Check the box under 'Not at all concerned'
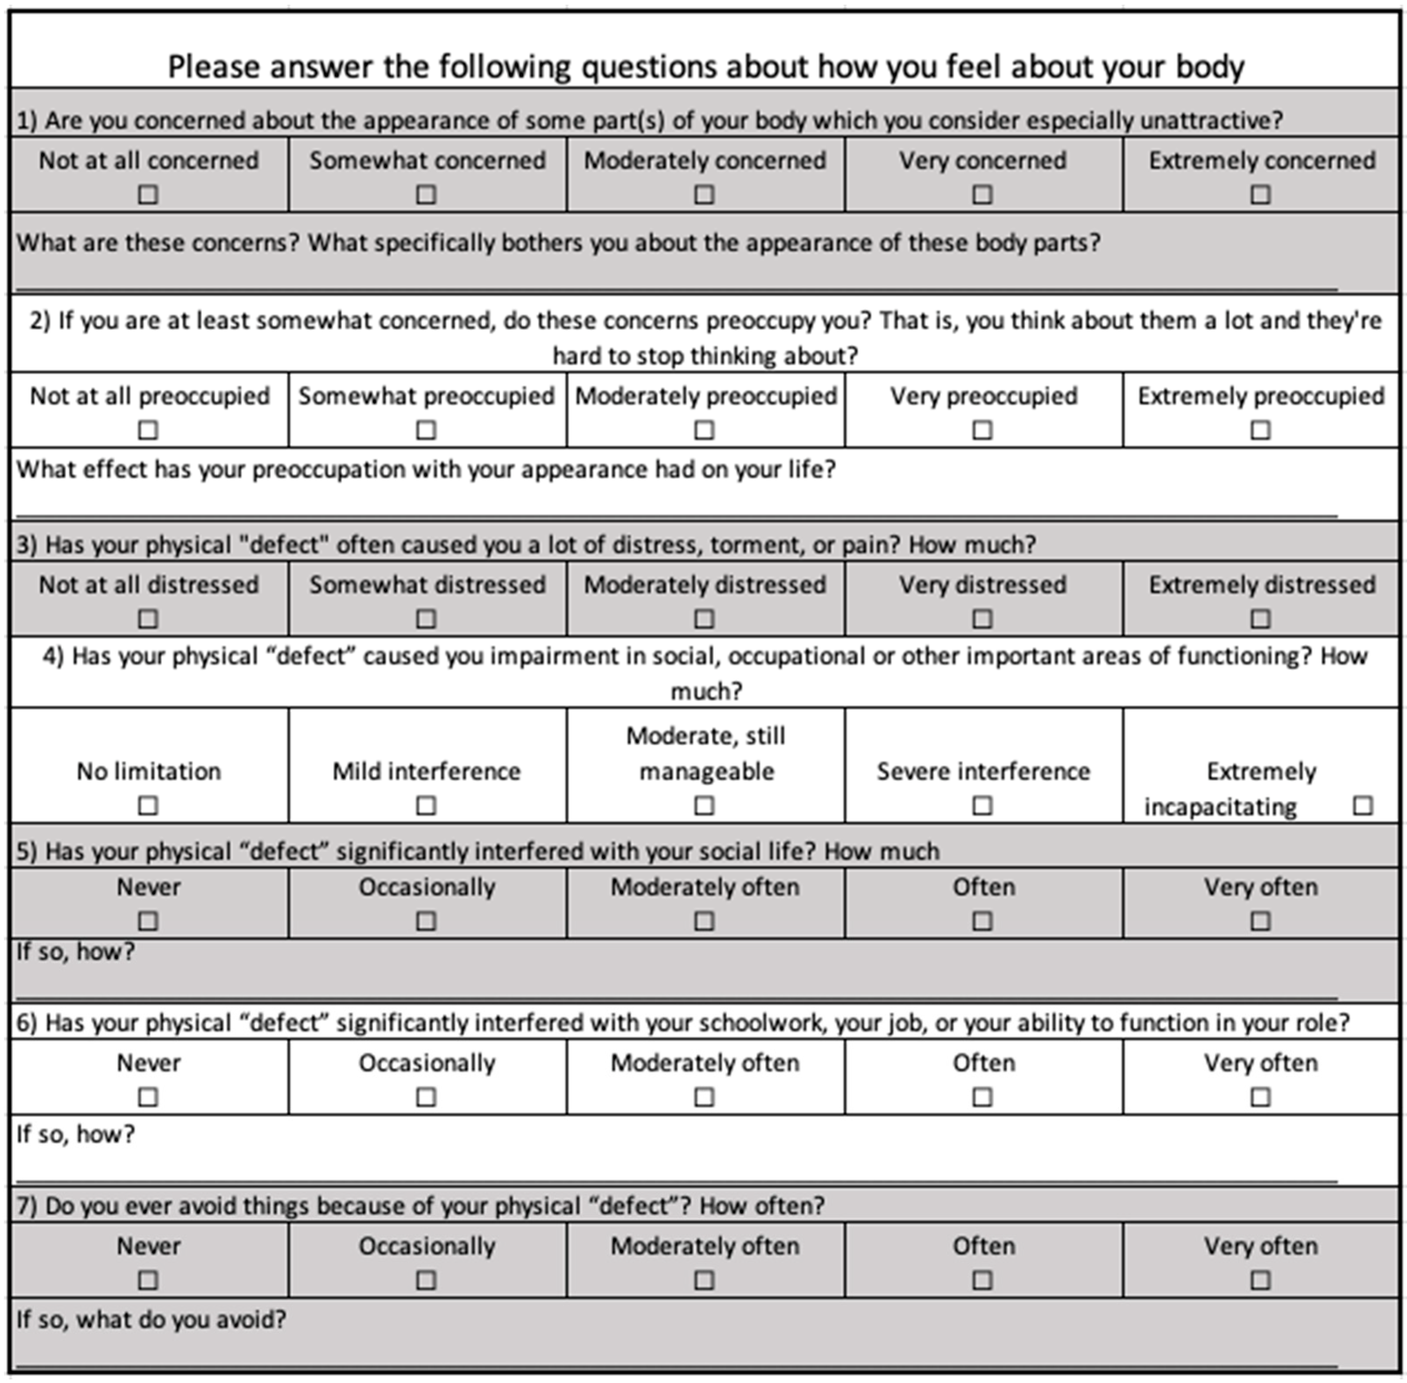click(148, 195)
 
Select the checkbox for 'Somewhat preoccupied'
click(426, 430)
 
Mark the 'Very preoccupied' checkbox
click(982, 430)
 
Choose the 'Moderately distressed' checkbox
click(703, 619)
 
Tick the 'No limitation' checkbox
click(148, 805)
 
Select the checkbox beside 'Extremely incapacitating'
click(1363, 805)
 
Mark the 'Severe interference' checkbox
click(982, 805)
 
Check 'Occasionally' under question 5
click(426, 921)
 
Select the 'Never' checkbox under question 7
click(148, 1280)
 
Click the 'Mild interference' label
click(427, 771)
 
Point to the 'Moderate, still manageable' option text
click(705, 753)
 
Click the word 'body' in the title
click(1210, 67)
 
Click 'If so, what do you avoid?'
click(151, 1319)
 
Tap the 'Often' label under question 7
click(983, 1246)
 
